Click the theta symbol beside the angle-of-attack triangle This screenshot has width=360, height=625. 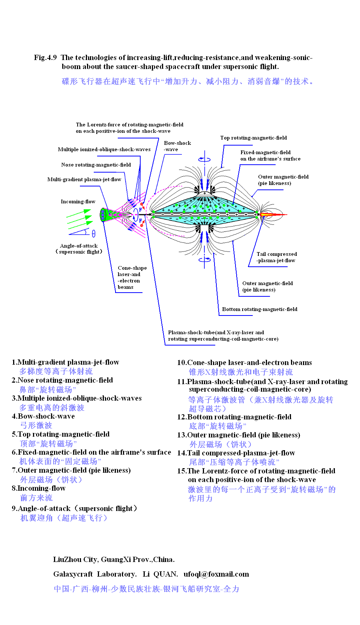(93, 234)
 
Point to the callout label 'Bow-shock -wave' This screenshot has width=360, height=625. (177, 146)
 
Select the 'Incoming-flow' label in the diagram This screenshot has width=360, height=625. (78, 201)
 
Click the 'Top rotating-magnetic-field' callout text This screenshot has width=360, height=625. (253, 138)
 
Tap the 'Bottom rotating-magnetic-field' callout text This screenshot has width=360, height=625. (259, 309)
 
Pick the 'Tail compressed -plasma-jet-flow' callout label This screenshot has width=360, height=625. (276, 257)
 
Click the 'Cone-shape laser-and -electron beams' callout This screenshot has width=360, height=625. (132, 277)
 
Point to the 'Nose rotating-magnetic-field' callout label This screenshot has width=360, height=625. (96, 165)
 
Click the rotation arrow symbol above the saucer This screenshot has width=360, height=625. (204, 159)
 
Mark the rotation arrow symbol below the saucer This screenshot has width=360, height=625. (204, 259)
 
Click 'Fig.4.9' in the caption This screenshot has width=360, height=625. (45, 57)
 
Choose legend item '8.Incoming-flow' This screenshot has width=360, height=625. (39, 488)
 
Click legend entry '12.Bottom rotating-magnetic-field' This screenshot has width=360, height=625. (234, 417)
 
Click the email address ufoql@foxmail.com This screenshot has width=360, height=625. (216, 574)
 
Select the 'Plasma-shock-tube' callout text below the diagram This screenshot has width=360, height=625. (223, 335)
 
